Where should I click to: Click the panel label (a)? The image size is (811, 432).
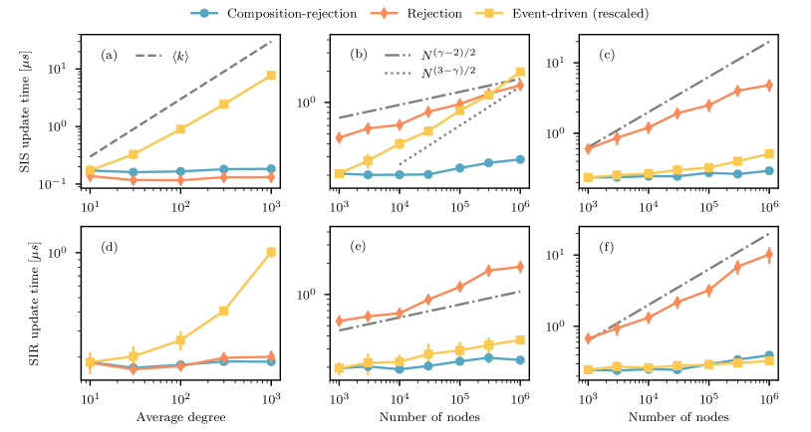(x=110, y=54)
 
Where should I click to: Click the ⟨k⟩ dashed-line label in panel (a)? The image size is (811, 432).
(x=179, y=54)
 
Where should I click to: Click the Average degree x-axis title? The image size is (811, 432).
(x=180, y=415)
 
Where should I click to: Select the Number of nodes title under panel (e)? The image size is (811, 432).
(x=429, y=415)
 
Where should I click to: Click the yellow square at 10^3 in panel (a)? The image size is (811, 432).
(x=271, y=76)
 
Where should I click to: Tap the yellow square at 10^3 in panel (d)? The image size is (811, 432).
(x=271, y=253)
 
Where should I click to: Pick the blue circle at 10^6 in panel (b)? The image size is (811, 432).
(x=520, y=158)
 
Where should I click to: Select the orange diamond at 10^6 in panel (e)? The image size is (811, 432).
(x=520, y=267)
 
